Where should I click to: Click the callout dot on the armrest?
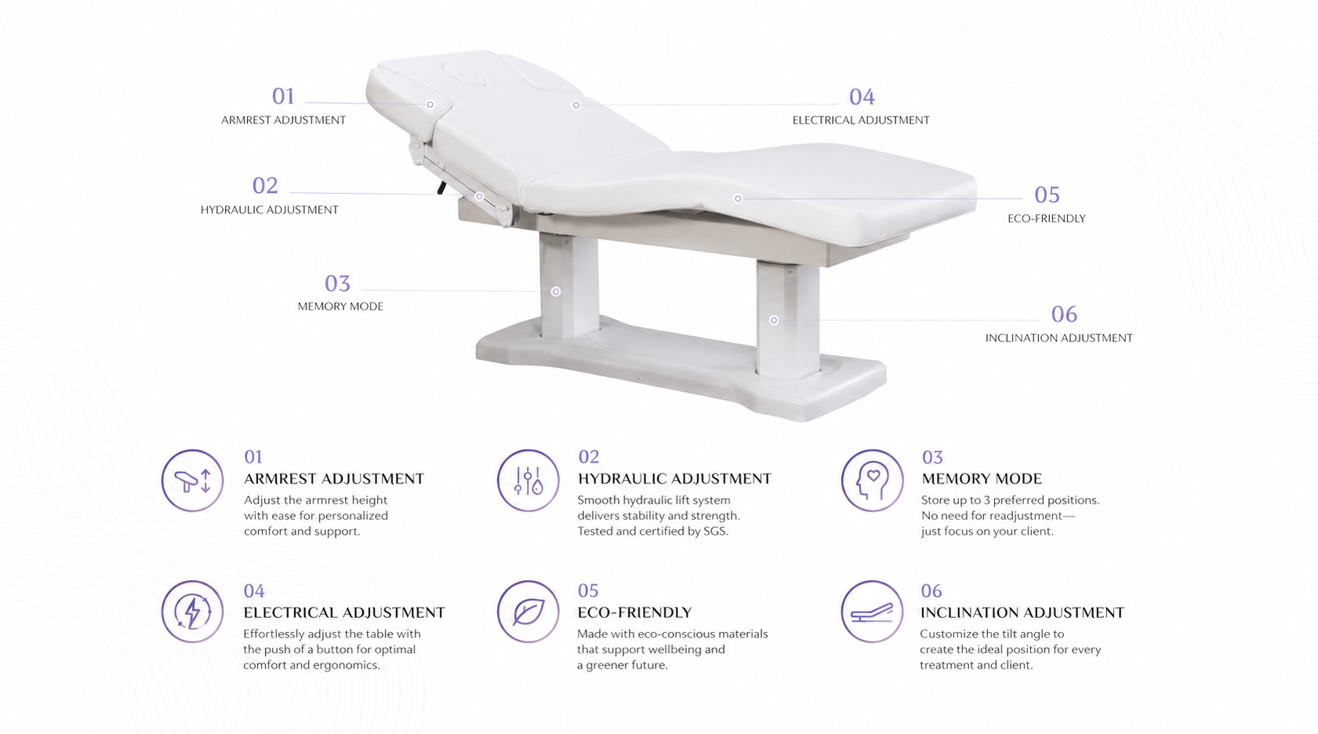click(x=430, y=104)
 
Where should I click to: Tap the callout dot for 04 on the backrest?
click(x=576, y=105)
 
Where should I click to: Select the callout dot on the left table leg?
click(x=555, y=292)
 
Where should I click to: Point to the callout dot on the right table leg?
click(x=774, y=320)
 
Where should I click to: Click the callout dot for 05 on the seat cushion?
click(x=738, y=198)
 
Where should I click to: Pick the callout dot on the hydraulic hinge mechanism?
click(x=480, y=196)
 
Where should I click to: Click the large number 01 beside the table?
click(x=283, y=96)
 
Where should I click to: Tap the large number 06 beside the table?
click(x=1065, y=314)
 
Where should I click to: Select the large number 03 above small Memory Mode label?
click(x=337, y=284)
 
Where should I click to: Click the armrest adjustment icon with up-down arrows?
click(x=192, y=480)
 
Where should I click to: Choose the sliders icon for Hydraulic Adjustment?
click(x=528, y=480)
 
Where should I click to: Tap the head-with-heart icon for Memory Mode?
click(x=872, y=480)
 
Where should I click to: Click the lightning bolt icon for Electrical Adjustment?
click(x=192, y=612)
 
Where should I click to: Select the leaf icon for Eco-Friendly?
click(x=528, y=612)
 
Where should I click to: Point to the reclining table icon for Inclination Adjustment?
click(x=872, y=612)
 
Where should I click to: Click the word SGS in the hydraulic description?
click(x=715, y=531)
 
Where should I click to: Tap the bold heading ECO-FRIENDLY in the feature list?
click(x=634, y=612)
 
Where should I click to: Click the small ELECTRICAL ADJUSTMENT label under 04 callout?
click(x=861, y=120)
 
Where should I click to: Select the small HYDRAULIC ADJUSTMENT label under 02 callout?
click(x=270, y=209)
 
